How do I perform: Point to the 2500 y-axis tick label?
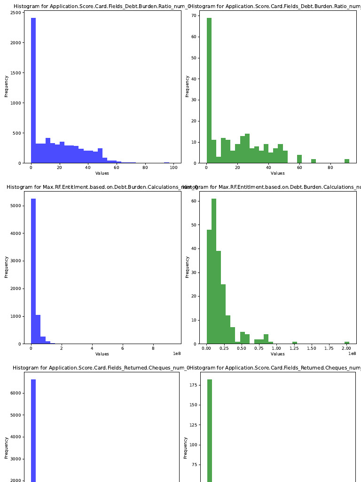tap(15, 13)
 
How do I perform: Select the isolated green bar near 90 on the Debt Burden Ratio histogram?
tap(346, 161)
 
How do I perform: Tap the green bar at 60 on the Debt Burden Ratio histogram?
tap(299, 159)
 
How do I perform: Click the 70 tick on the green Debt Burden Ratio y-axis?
tap(193, 16)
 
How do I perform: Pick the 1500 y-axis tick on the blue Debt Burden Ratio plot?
tap(15, 73)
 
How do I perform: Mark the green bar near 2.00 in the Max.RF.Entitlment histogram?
tap(347, 343)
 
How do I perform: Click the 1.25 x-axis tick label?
tap(294, 349)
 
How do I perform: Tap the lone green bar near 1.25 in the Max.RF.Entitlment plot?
tap(295, 343)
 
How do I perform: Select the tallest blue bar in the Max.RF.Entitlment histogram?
tap(33, 271)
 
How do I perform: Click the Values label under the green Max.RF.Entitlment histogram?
tap(277, 354)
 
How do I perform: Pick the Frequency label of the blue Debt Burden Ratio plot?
tap(7, 86)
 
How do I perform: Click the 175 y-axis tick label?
tap(195, 385)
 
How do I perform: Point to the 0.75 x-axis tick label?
tap(259, 349)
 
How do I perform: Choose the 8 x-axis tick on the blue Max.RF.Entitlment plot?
tap(153, 349)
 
